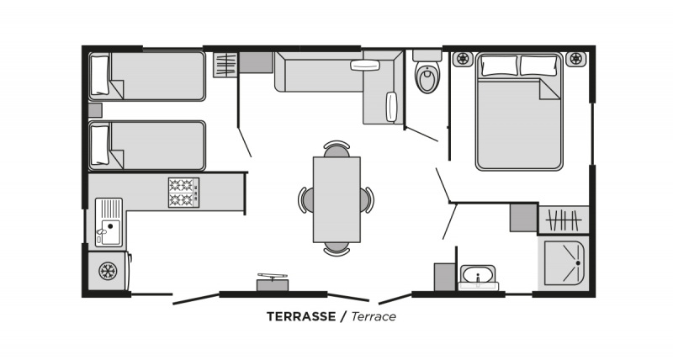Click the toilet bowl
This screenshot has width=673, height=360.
427,77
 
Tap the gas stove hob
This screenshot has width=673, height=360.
183,193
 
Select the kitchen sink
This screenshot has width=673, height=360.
109,222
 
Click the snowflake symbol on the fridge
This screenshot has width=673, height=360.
108,271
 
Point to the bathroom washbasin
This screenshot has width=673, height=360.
478,276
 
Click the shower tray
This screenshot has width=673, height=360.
564,263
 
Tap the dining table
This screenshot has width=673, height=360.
336,199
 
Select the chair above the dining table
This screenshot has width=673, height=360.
336,149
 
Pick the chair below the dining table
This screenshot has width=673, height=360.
336,249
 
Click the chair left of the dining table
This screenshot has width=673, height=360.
305,200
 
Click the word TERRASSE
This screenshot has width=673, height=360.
301,316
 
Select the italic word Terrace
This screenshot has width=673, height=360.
374,316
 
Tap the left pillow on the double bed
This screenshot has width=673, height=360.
500,66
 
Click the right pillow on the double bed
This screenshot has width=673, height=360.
538,66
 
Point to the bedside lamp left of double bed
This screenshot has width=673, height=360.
463,58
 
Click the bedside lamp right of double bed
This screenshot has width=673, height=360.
575,58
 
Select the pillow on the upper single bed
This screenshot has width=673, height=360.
100,75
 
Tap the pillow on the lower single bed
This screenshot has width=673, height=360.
100,145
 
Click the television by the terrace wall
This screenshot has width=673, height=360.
273,282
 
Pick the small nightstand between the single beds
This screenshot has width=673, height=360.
95,110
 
